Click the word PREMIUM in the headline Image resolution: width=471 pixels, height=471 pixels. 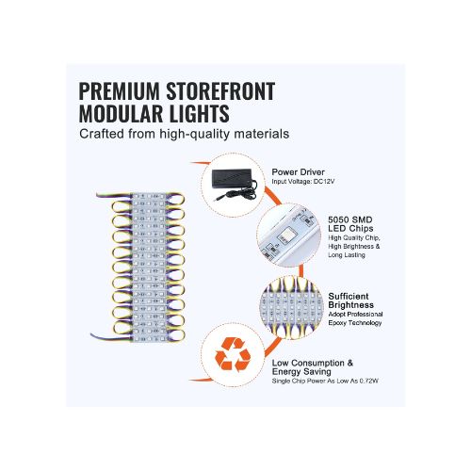120,91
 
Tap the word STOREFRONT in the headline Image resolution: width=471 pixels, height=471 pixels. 220,91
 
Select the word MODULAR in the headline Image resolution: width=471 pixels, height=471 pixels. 121,113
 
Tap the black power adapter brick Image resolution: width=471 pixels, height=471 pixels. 232,179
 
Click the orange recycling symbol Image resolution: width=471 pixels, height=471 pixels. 233,354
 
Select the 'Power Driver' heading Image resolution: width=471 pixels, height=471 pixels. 298,172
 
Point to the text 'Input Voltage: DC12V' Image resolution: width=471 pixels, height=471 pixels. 303,182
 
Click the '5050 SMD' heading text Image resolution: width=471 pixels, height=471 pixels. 350,219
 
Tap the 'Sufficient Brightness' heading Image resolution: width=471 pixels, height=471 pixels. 351,300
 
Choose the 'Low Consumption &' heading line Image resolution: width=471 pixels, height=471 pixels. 313,363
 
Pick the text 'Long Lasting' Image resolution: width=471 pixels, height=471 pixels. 347,255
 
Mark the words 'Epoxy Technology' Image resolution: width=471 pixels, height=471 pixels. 355,323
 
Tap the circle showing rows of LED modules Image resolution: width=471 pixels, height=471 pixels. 291,308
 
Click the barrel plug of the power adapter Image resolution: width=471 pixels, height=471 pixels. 219,198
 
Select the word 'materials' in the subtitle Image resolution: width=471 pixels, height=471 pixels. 262,134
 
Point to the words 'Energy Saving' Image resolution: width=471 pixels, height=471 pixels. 301,372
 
